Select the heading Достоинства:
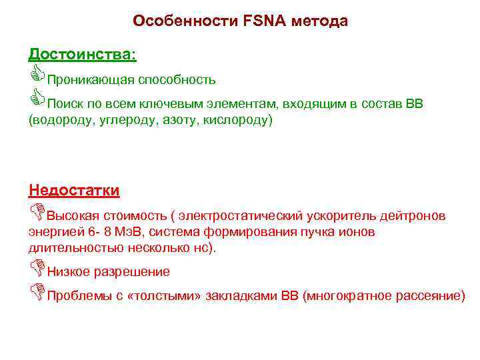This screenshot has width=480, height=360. coord(83,54)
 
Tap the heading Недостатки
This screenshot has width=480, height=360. coord(74,191)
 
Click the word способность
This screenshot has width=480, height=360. coord(177,80)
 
